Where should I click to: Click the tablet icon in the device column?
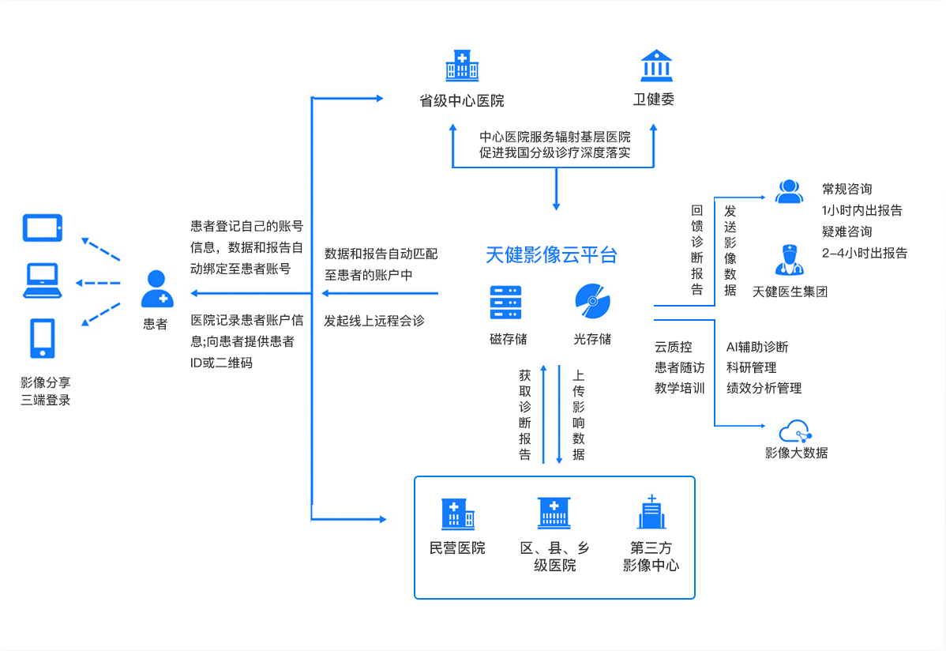click(x=43, y=228)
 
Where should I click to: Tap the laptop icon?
click(x=43, y=281)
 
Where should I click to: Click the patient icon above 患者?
click(x=156, y=289)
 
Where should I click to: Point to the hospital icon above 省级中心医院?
click(x=461, y=66)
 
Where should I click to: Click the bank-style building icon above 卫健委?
click(x=656, y=66)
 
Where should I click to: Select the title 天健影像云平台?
click(x=551, y=255)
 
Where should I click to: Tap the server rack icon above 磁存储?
click(x=505, y=302)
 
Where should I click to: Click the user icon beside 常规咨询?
click(x=788, y=191)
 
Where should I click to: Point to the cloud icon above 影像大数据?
click(x=795, y=431)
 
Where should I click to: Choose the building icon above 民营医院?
click(x=457, y=514)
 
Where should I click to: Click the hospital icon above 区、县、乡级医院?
click(x=554, y=514)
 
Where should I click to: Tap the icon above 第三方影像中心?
click(x=651, y=514)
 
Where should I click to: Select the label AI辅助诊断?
click(x=757, y=347)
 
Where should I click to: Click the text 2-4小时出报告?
click(x=864, y=254)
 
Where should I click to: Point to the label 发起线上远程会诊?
click(x=374, y=321)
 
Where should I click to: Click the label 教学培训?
click(x=679, y=388)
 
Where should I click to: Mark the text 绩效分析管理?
click(x=764, y=388)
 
